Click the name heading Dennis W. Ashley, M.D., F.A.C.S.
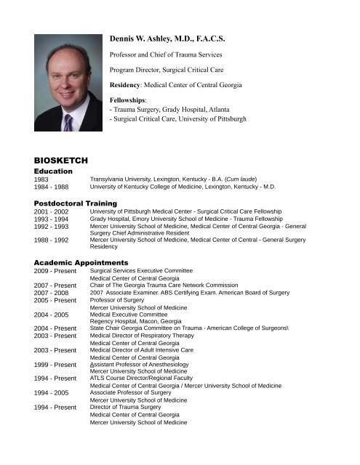[x=180, y=35]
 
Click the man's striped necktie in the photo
[x=68, y=118]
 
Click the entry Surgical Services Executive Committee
[x=161, y=270]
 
